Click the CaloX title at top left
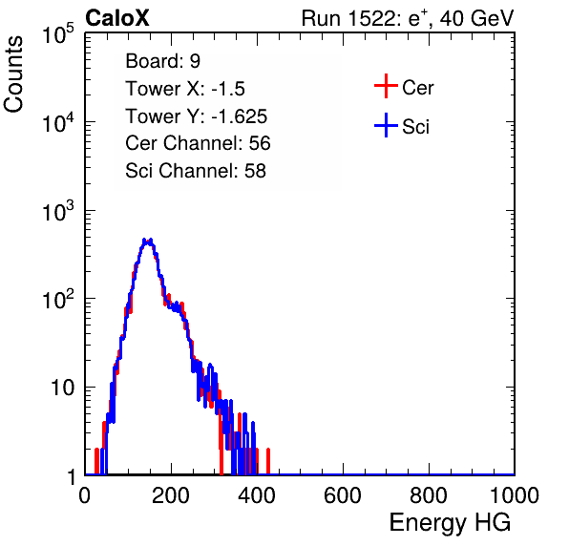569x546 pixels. coord(116,18)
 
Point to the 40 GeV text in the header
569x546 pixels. coord(476,18)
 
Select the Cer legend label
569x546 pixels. coord(418,88)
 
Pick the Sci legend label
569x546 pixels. coord(415,127)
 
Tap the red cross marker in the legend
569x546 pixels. coord(386,86)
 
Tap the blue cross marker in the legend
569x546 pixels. coord(386,125)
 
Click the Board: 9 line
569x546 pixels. coord(162,60)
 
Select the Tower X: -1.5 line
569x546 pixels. coord(185,89)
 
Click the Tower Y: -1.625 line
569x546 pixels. coord(197,116)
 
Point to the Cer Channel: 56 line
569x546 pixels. coord(198,143)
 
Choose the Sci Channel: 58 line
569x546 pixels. coord(196,171)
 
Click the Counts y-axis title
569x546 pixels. coord(13,74)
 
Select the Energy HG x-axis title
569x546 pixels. coord(450,523)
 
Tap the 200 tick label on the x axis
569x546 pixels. coord(171,495)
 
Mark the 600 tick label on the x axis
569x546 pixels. coord(343,495)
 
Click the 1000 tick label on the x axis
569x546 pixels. coord(515,495)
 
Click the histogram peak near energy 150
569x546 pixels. coord(147,241)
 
